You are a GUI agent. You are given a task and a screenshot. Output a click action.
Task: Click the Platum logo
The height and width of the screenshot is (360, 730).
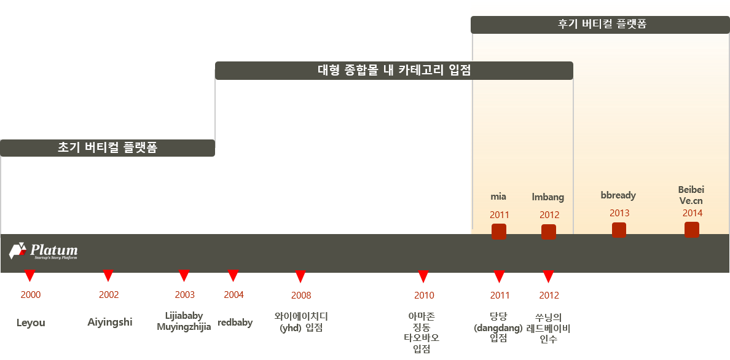(x=44, y=251)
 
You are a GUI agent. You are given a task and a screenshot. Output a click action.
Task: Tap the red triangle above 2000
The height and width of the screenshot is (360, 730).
(x=29, y=276)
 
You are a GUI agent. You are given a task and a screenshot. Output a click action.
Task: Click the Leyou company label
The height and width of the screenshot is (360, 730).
(x=31, y=323)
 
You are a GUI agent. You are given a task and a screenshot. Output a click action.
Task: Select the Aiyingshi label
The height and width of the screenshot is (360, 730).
(x=109, y=322)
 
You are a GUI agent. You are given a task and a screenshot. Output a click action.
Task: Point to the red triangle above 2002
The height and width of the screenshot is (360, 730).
(x=108, y=276)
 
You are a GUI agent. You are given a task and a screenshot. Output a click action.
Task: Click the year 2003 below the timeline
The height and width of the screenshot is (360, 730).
(x=184, y=295)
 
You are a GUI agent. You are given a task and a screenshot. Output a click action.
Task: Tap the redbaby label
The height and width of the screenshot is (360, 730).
(x=235, y=323)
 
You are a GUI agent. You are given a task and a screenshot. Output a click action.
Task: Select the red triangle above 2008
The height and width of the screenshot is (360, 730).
(x=300, y=276)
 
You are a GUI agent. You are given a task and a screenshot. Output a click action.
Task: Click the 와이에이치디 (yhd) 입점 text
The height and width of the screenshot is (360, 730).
(x=301, y=322)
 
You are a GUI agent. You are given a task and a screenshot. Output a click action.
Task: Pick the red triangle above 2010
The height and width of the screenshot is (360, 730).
(x=423, y=276)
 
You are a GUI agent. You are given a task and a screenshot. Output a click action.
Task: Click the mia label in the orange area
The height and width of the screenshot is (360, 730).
(x=498, y=197)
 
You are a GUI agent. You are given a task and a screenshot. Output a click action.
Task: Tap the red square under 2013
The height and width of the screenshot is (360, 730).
(x=619, y=230)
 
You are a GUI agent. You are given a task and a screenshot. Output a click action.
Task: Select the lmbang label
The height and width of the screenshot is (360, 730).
(x=547, y=197)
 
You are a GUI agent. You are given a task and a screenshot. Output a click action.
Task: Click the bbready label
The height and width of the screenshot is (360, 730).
(x=618, y=195)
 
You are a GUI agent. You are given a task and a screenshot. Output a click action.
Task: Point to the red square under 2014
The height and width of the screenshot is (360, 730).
(x=691, y=230)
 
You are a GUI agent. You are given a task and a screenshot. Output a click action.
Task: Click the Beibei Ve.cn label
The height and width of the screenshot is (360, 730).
(x=691, y=195)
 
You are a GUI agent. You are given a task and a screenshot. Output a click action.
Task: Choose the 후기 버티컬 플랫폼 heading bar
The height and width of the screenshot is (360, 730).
(x=600, y=25)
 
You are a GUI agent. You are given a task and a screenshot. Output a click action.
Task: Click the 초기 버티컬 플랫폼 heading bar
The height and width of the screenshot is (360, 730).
(x=108, y=148)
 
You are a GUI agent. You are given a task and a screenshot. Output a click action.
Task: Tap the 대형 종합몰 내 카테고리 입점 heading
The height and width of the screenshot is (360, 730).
(x=394, y=71)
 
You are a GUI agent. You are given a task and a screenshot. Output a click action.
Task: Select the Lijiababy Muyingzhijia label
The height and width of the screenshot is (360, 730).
(x=184, y=321)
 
